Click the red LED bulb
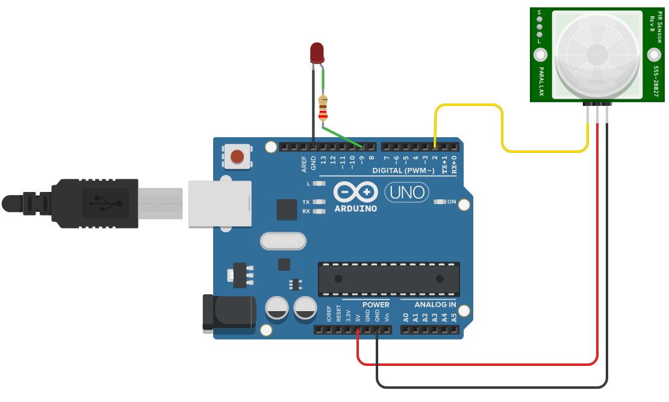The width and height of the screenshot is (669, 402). (x=317, y=52)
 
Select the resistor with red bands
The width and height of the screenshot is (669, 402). (x=323, y=109)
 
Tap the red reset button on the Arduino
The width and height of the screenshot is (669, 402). (x=237, y=156)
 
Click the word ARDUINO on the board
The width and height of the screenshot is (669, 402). (x=355, y=209)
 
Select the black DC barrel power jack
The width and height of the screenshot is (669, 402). (x=225, y=312)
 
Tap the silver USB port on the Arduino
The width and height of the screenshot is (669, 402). (x=220, y=204)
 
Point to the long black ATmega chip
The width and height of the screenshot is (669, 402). (x=389, y=279)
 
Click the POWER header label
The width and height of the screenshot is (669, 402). (x=376, y=305)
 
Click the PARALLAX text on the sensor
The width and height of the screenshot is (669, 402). (x=541, y=82)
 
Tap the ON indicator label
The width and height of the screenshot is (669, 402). (x=452, y=202)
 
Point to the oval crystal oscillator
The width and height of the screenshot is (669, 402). (x=283, y=241)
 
